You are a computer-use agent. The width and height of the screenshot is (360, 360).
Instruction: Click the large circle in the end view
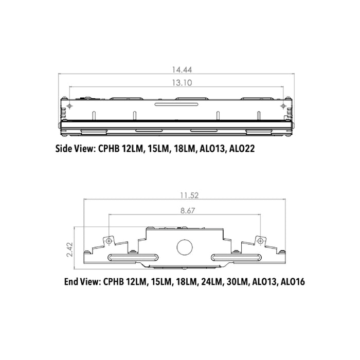click(x=184, y=247)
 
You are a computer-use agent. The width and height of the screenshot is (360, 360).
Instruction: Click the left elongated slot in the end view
click(x=132, y=257)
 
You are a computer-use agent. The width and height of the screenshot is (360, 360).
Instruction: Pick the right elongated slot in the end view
click(x=237, y=257)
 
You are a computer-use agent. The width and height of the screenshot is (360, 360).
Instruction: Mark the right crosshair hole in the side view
click(x=282, y=105)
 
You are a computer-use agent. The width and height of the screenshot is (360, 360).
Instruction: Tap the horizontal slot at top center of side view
click(x=176, y=104)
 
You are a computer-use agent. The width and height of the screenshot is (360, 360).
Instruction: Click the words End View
click(x=82, y=282)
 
